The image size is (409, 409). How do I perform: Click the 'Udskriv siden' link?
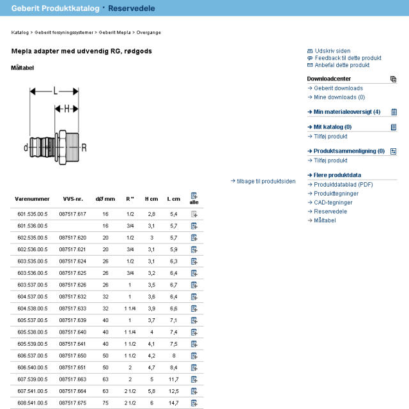pos(332,51)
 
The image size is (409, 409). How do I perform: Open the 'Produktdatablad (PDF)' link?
pos(343,185)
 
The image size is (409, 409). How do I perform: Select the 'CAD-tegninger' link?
pos(333,203)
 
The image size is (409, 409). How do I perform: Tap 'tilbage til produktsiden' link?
pos(266,181)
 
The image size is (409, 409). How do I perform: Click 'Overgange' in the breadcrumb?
pos(148,33)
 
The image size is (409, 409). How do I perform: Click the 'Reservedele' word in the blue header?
pos(132,8)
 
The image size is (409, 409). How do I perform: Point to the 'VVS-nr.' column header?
pos(73,199)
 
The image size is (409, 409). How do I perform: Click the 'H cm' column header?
pos(151,199)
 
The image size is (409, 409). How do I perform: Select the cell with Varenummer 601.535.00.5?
pos(33,214)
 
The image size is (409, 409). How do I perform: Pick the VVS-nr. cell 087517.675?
pos(72,403)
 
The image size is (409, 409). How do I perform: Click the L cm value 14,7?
pos(173,403)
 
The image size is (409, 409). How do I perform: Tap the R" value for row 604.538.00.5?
pos(130,308)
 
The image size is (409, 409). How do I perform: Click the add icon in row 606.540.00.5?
pos(194,367)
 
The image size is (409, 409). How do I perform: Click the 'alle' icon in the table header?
pos(194,196)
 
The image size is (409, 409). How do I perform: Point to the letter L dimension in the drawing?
pos(56,91)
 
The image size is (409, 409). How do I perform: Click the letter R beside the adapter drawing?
pos(84,148)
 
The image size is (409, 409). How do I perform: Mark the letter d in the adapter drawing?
pos(26,148)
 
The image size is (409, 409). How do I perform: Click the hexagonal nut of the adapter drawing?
pos(63,148)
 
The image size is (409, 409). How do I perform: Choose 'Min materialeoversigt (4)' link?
pos(347,112)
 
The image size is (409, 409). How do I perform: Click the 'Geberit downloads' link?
pos(338,88)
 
